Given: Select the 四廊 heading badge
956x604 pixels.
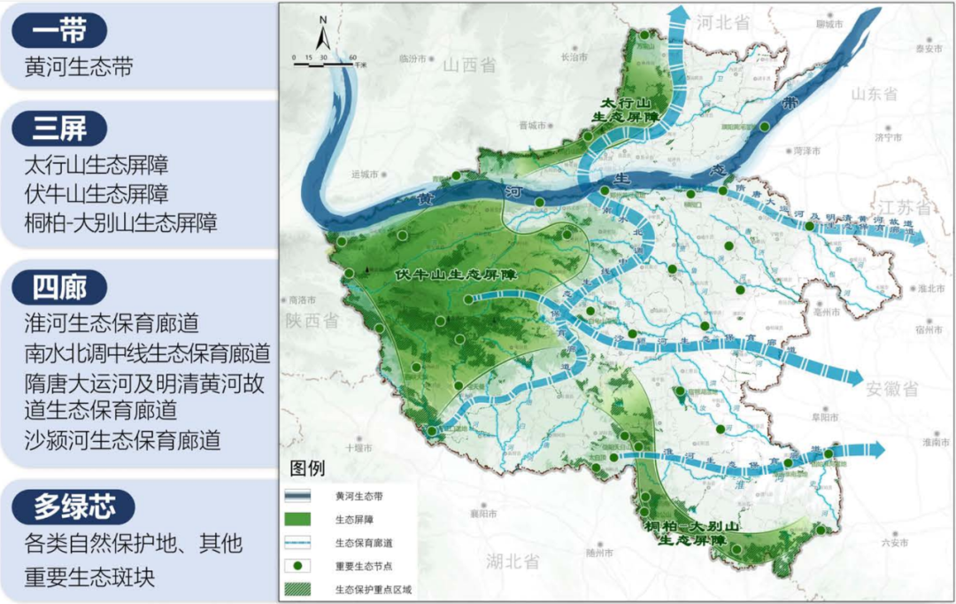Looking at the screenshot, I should [x=58, y=287].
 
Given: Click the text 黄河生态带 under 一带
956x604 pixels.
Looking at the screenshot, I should [x=80, y=67].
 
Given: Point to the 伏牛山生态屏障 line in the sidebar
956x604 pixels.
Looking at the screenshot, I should [x=96, y=193].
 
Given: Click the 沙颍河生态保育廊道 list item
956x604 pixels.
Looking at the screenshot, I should [x=122, y=440].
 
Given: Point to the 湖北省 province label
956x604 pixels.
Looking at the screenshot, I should [x=513, y=561].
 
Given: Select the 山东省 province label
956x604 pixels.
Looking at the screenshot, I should [x=874, y=94].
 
